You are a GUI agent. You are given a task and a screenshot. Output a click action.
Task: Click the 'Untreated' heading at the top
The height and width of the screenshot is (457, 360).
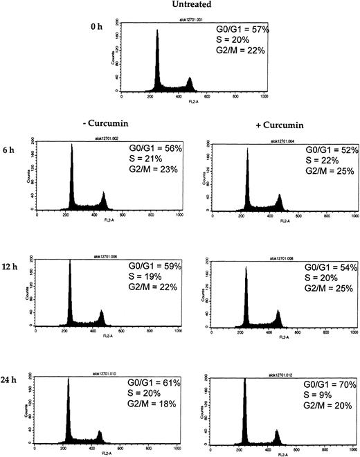[x=182, y=6]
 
